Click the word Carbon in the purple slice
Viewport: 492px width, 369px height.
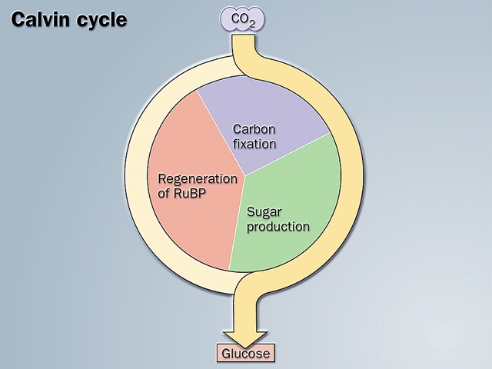click(x=254, y=129)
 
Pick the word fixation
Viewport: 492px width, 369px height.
click(x=254, y=143)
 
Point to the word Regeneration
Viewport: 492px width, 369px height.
click(x=198, y=178)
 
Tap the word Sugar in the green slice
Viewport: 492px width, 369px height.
click(x=263, y=212)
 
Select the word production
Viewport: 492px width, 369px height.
click(x=278, y=227)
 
